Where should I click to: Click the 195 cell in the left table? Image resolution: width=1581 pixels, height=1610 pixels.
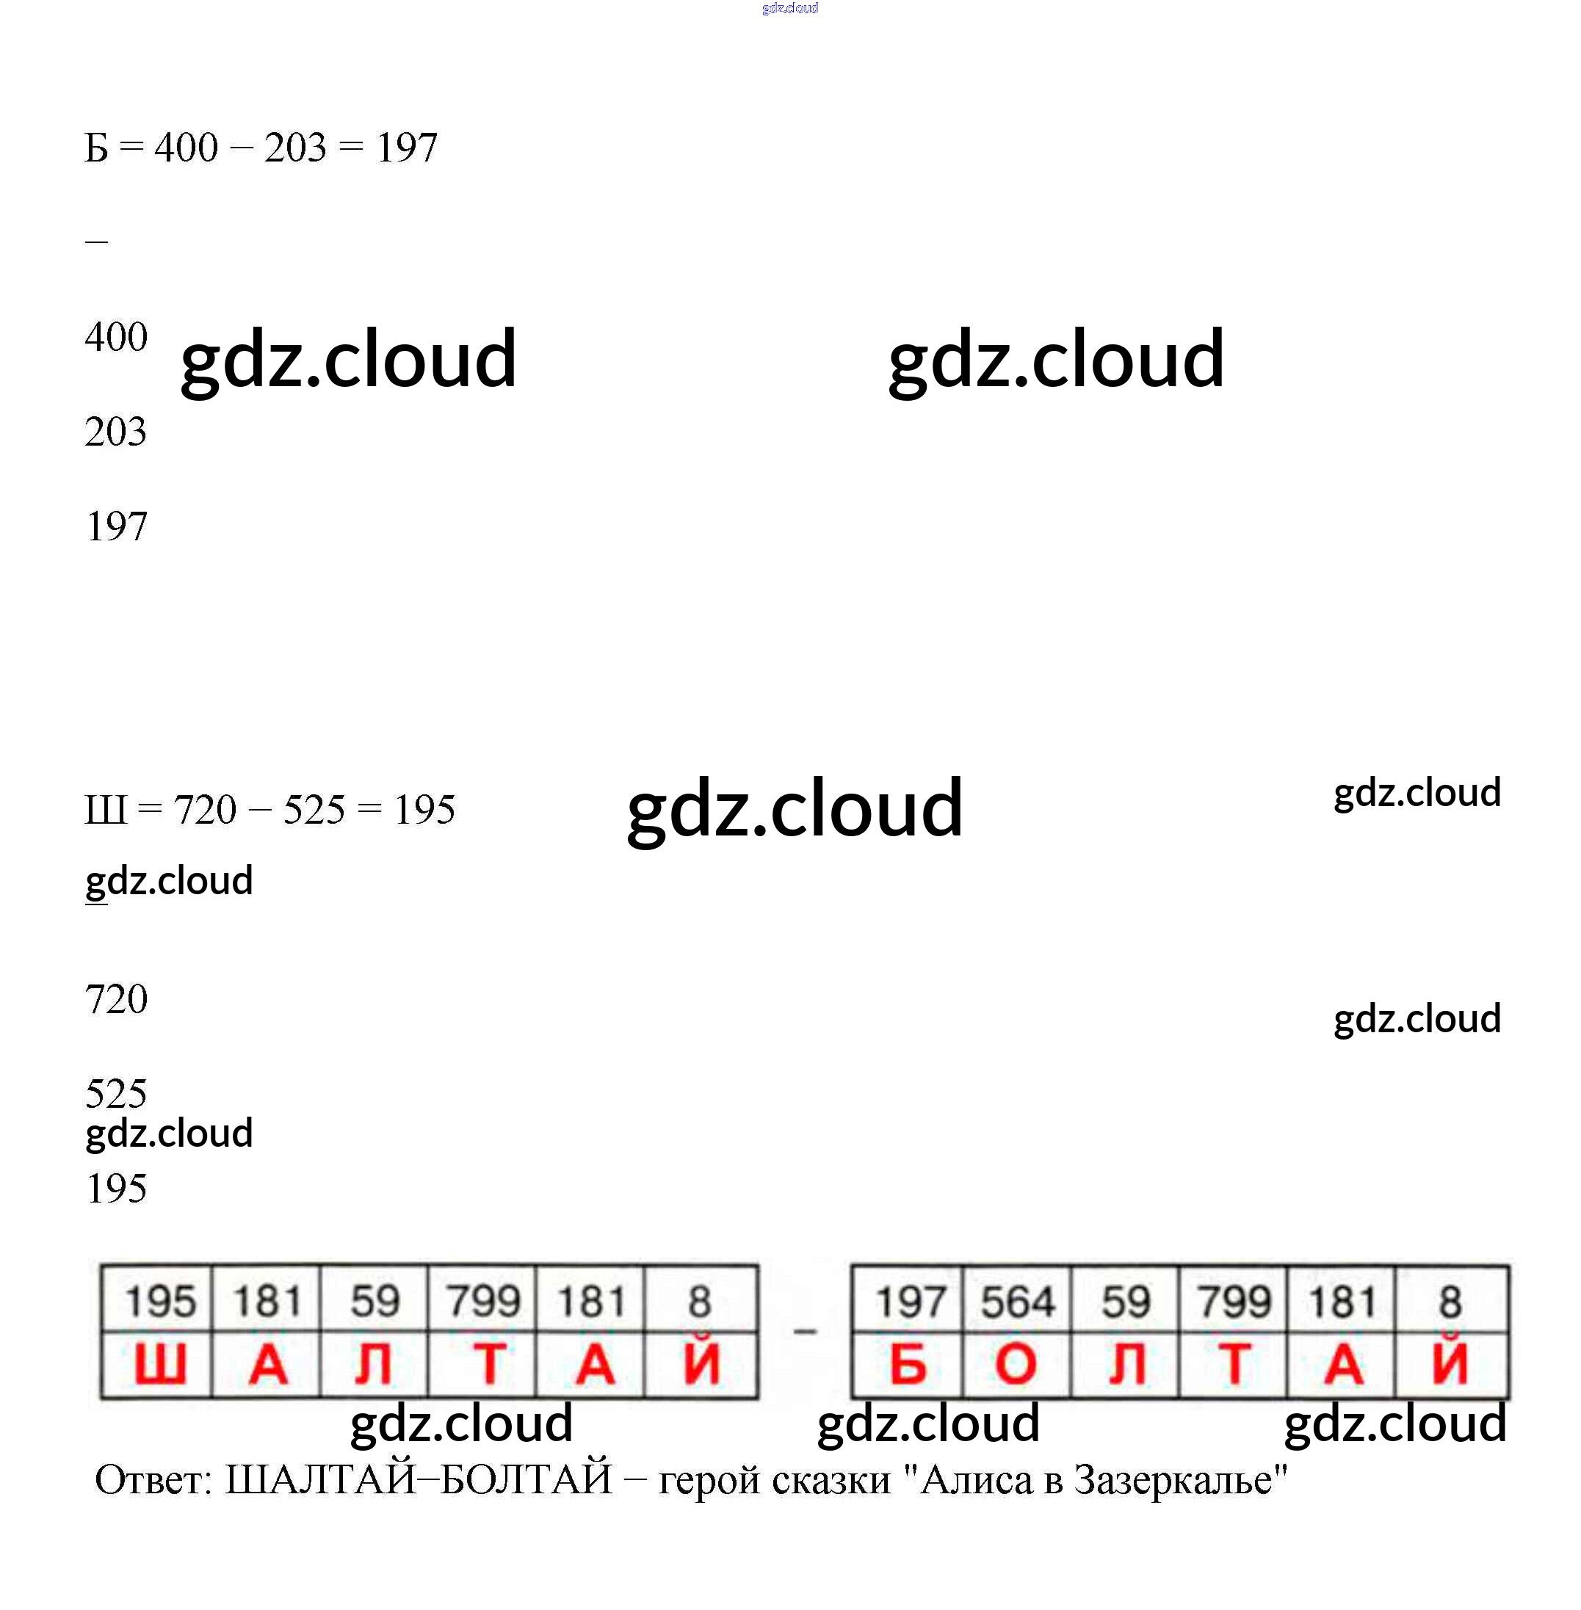coord(159,1301)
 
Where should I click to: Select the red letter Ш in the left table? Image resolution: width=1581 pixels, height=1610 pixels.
coord(159,1364)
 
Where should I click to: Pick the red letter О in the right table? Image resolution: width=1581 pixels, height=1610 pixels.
coord(1016,1364)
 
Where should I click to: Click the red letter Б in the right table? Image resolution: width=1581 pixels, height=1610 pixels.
coord(908,1364)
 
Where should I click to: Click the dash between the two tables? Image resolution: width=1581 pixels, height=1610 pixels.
coord(805,1332)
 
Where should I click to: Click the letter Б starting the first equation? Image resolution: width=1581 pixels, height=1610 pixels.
coord(96,148)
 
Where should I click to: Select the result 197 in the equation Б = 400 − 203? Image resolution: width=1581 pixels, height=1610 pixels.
coord(406,148)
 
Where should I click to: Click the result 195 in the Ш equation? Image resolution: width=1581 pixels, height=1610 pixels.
coord(424,811)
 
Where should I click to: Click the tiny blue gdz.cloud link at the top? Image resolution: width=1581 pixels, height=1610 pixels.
coord(789,8)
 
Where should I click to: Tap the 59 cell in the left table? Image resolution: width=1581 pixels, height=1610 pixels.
coord(375,1301)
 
